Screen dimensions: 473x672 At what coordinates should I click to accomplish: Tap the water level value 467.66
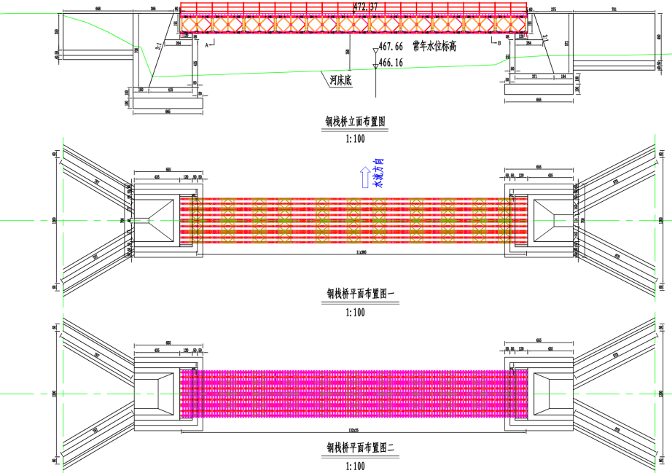point(391,47)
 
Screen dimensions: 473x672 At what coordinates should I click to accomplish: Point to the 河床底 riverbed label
point(340,80)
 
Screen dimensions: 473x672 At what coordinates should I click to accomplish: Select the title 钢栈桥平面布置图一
point(356,294)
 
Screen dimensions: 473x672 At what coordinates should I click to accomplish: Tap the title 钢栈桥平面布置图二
point(356,447)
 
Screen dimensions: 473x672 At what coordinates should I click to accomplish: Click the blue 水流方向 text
point(378,173)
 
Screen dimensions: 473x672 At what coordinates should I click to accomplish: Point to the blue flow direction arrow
point(362,176)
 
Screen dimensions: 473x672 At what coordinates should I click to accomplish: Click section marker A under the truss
point(208,44)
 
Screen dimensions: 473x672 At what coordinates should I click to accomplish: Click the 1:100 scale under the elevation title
point(356,138)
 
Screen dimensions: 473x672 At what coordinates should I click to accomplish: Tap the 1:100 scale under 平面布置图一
point(356,312)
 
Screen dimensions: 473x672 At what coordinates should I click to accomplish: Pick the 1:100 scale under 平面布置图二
point(356,464)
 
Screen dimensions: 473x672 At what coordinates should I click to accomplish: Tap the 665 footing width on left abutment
point(168,111)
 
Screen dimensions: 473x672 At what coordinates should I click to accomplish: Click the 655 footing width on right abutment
point(539,99)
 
